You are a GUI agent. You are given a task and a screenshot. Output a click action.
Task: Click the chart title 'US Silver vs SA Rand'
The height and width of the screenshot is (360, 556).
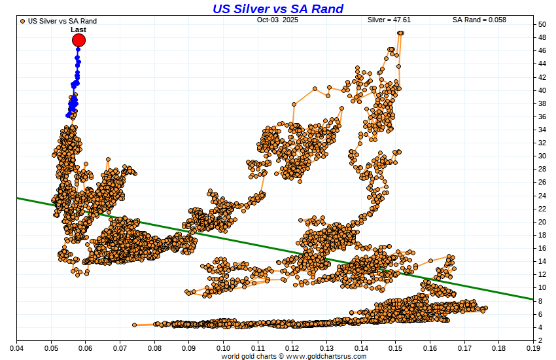pos(277,9)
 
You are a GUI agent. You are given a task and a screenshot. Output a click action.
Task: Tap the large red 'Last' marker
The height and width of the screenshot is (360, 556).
pos(79,41)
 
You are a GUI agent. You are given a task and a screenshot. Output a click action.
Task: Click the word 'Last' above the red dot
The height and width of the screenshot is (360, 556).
pos(78,29)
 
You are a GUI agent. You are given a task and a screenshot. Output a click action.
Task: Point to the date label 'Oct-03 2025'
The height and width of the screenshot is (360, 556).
pos(278,20)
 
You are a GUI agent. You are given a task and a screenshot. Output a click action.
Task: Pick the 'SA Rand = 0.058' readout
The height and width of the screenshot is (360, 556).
pos(479,20)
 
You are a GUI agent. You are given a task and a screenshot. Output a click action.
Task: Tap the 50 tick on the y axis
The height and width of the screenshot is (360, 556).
pos(543,24)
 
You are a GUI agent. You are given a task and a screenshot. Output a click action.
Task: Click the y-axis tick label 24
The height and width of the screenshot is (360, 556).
pos(543,196)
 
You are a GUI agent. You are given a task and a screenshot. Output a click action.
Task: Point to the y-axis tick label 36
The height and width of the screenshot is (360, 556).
pos(543,117)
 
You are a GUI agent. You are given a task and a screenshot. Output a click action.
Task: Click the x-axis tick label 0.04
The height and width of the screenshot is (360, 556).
pos(17,348)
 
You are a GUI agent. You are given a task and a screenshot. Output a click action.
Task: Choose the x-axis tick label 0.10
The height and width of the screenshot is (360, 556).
pos(224,348)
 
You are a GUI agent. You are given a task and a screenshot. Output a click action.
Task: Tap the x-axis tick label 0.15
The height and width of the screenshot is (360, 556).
pos(396,348)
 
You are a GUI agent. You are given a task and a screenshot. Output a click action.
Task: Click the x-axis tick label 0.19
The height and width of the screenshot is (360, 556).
pos(533,348)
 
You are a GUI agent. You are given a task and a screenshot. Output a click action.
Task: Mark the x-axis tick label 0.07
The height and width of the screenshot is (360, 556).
pos(120,348)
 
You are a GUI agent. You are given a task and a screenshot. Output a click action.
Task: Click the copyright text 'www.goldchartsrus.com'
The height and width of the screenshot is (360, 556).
pos(326,356)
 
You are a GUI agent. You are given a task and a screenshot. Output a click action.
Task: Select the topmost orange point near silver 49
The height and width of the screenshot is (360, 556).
pos(400,33)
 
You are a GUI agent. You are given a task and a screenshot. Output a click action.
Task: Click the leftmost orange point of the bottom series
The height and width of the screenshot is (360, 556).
pos(134,325)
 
